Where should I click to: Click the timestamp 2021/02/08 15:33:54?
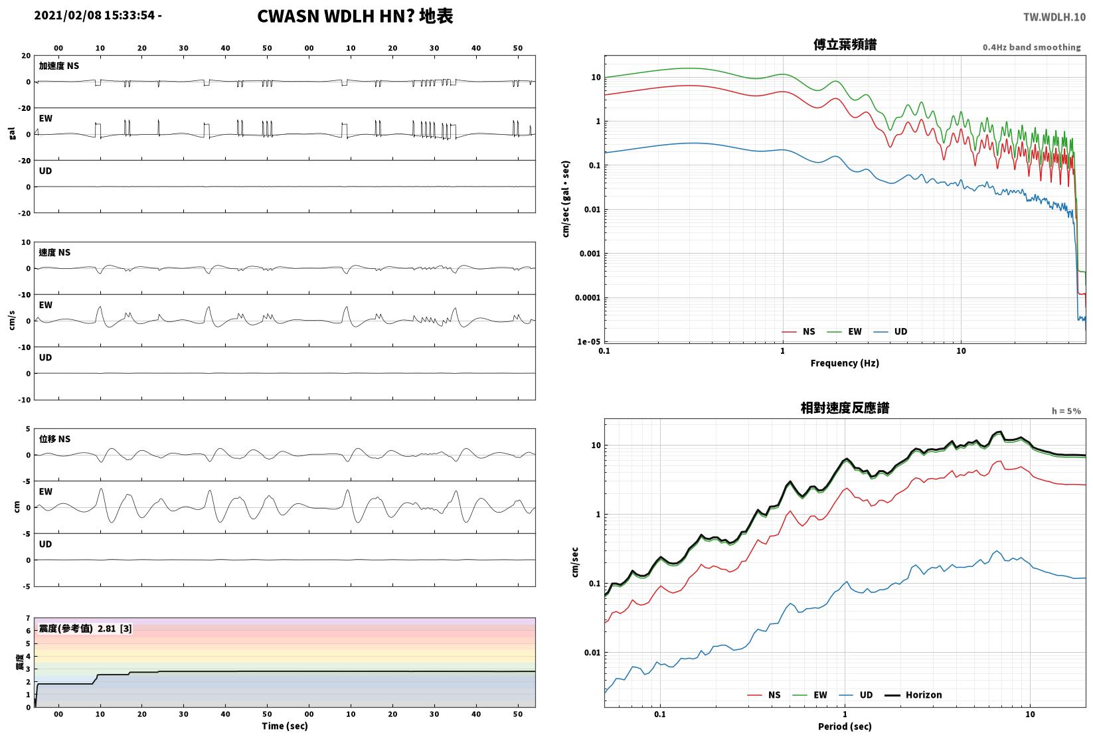[x=94, y=15]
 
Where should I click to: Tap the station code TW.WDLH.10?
[x=1054, y=17]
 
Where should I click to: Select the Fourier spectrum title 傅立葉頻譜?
[x=845, y=44]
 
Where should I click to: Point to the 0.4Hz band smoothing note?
[x=1031, y=47]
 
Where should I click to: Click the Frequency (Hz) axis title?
[x=845, y=363]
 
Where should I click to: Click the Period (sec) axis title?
[x=845, y=726]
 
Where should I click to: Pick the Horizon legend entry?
[x=914, y=695]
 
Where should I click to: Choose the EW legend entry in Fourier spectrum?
[x=845, y=332]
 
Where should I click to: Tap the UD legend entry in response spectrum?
[x=856, y=695]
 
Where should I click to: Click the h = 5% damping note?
[x=1066, y=411]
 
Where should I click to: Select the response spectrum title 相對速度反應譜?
[x=845, y=408]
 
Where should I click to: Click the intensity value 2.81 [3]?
[x=115, y=628]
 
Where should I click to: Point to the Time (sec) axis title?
[x=285, y=726]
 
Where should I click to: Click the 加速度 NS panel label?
[x=59, y=66]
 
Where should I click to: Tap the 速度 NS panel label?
[x=54, y=252]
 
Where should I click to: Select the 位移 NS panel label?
[x=54, y=439]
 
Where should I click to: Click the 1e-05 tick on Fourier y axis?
[x=588, y=341]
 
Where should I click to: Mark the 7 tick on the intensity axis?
[x=29, y=618]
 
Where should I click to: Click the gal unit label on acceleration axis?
[x=12, y=133]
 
